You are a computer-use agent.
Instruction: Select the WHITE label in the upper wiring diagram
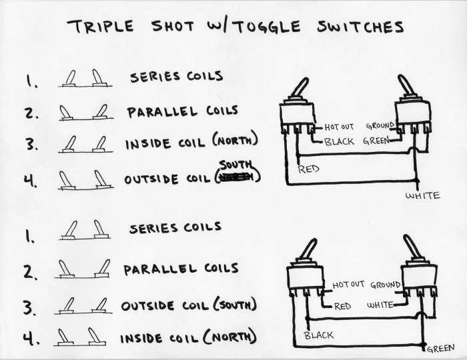tap(424, 195)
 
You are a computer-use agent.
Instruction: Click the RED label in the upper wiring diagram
tap(309, 169)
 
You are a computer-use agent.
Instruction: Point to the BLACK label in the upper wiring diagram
tap(339, 141)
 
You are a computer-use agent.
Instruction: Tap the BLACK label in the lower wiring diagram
tap(318, 335)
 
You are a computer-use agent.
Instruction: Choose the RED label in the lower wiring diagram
tap(342, 305)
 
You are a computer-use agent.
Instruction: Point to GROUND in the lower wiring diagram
tap(386, 285)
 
